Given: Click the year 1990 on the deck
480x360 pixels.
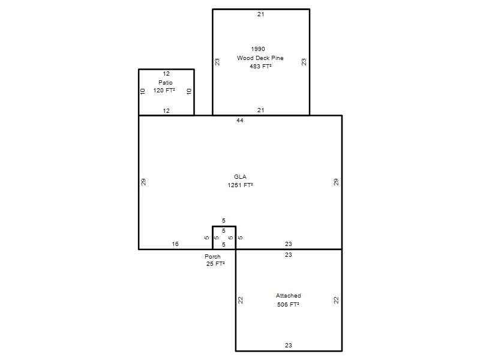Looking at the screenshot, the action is click(x=258, y=49).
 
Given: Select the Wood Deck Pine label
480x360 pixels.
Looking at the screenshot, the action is click(x=260, y=58).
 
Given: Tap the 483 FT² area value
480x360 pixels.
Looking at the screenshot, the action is click(x=260, y=66).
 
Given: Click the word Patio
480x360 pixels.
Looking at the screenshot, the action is click(x=166, y=82).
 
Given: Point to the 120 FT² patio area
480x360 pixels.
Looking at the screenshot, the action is click(x=164, y=91).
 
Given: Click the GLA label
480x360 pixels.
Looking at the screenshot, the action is click(x=240, y=176).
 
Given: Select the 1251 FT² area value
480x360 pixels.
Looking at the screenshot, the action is click(x=241, y=185).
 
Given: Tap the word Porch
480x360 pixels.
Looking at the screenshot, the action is click(x=212, y=257).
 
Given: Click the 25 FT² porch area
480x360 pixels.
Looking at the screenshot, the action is click(x=215, y=264).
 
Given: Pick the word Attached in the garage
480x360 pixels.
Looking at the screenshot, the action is click(x=289, y=296).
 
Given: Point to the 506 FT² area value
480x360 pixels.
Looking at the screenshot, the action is click(x=288, y=305).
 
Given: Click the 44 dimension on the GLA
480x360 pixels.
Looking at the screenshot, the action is click(x=239, y=121).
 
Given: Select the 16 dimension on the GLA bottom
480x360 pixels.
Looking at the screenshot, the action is click(x=175, y=244).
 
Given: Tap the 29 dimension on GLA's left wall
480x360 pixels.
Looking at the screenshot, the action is click(x=143, y=182).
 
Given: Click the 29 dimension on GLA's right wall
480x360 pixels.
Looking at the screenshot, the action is click(x=336, y=182).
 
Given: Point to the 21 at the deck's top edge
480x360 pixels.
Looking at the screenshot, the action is click(x=260, y=14).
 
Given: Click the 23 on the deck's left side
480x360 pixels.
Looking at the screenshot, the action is click(x=217, y=62).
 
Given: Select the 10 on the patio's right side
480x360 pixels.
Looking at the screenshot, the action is click(x=189, y=91).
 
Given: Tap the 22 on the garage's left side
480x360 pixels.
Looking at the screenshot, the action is click(x=241, y=300).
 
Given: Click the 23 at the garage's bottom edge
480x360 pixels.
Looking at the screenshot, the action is click(x=289, y=346).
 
